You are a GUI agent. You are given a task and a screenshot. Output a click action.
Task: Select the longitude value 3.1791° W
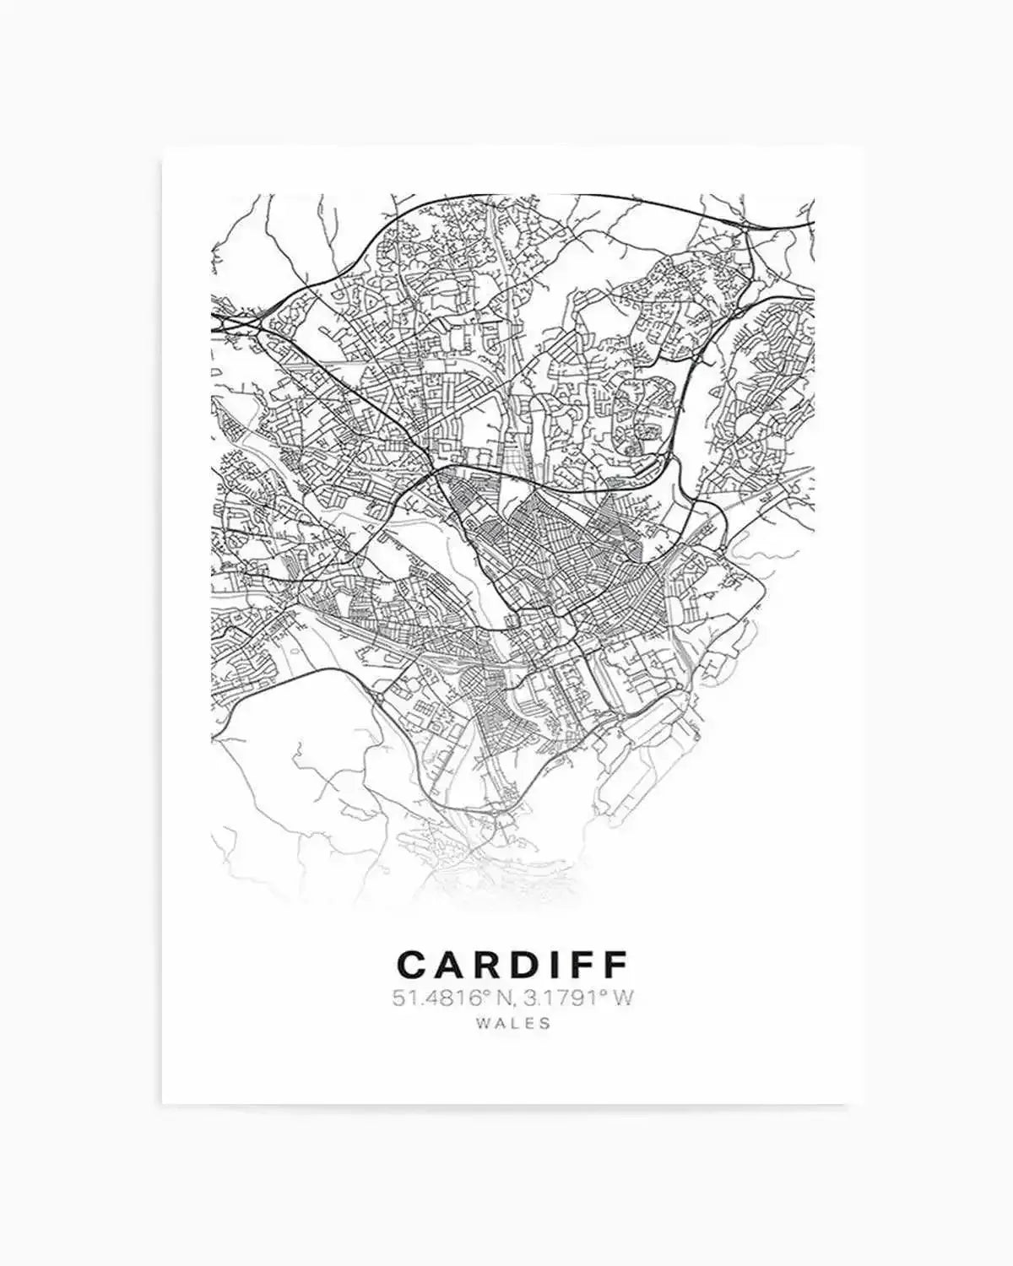coord(577,998)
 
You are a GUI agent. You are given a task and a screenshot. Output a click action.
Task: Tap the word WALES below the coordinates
coord(512,1023)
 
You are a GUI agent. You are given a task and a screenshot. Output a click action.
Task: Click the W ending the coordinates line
coord(622,998)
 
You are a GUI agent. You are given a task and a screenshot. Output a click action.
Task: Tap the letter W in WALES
coord(482,1023)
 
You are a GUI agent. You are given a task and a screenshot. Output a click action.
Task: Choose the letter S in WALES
coord(545,1023)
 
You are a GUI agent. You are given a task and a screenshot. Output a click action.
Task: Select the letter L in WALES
coord(514,1023)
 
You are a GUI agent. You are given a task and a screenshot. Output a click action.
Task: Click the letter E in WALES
coord(529,1023)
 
